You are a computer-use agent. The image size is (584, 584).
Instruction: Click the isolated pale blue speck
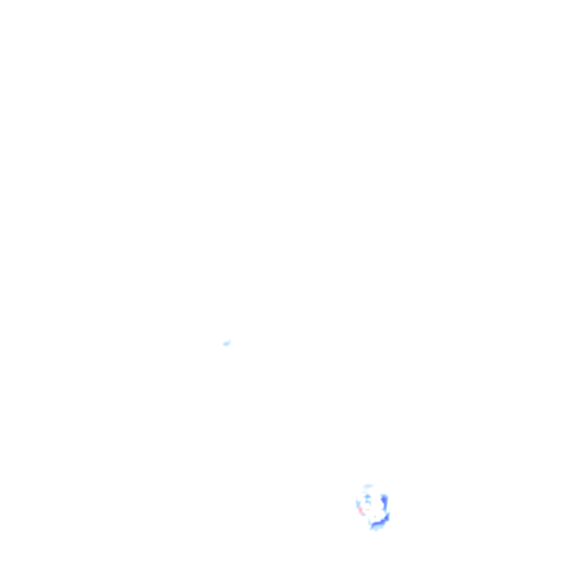tap(226, 343)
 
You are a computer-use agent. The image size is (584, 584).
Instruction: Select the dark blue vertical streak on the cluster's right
tap(384, 502)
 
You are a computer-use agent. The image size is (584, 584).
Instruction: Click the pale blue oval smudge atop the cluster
tap(368, 486)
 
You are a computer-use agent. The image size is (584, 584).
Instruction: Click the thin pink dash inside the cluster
tap(368, 510)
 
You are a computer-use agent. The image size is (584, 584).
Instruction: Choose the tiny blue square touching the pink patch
tap(364, 515)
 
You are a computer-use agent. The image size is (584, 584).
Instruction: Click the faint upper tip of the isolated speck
tap(229, 340)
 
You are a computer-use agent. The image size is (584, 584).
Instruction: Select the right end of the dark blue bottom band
tap(388, 516)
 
